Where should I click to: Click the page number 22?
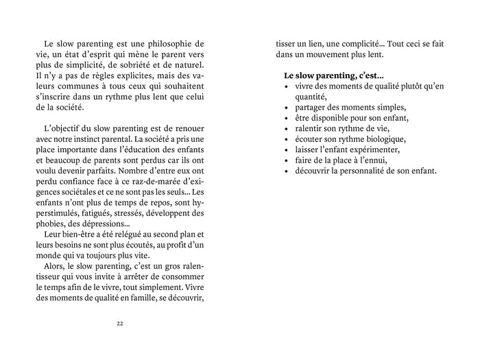point(120,323)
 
